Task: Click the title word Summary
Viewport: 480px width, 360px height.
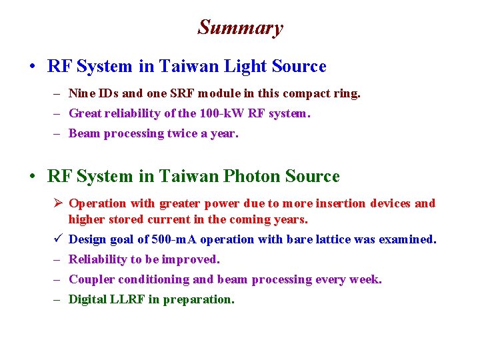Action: (x=240, y=27)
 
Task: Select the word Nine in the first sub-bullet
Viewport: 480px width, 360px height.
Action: (x=82, y=93)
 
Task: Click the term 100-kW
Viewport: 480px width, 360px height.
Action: (x=222, y=113)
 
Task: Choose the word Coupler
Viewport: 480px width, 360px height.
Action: (x=91, y=279)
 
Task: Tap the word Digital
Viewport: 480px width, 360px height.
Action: (x=87, y=299)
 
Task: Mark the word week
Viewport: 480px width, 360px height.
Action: (x=366, y=279)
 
